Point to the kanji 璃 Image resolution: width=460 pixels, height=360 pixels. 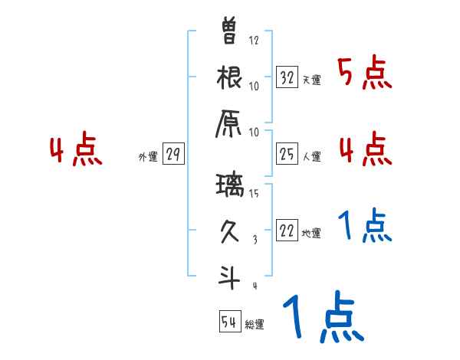(x=229, y=187)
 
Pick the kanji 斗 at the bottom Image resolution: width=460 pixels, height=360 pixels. (x=229, y=277)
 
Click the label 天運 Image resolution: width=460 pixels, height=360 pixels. (x=311, y=80)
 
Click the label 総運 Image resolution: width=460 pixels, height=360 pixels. (x=255, y=324)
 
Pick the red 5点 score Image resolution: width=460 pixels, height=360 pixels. (x=365, y=74)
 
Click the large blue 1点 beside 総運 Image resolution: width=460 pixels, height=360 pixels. (x=323, y=316)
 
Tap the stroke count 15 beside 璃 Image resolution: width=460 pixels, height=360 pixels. (x=254, y=194)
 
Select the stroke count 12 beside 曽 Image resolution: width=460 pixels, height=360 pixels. (x=254, y=40)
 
